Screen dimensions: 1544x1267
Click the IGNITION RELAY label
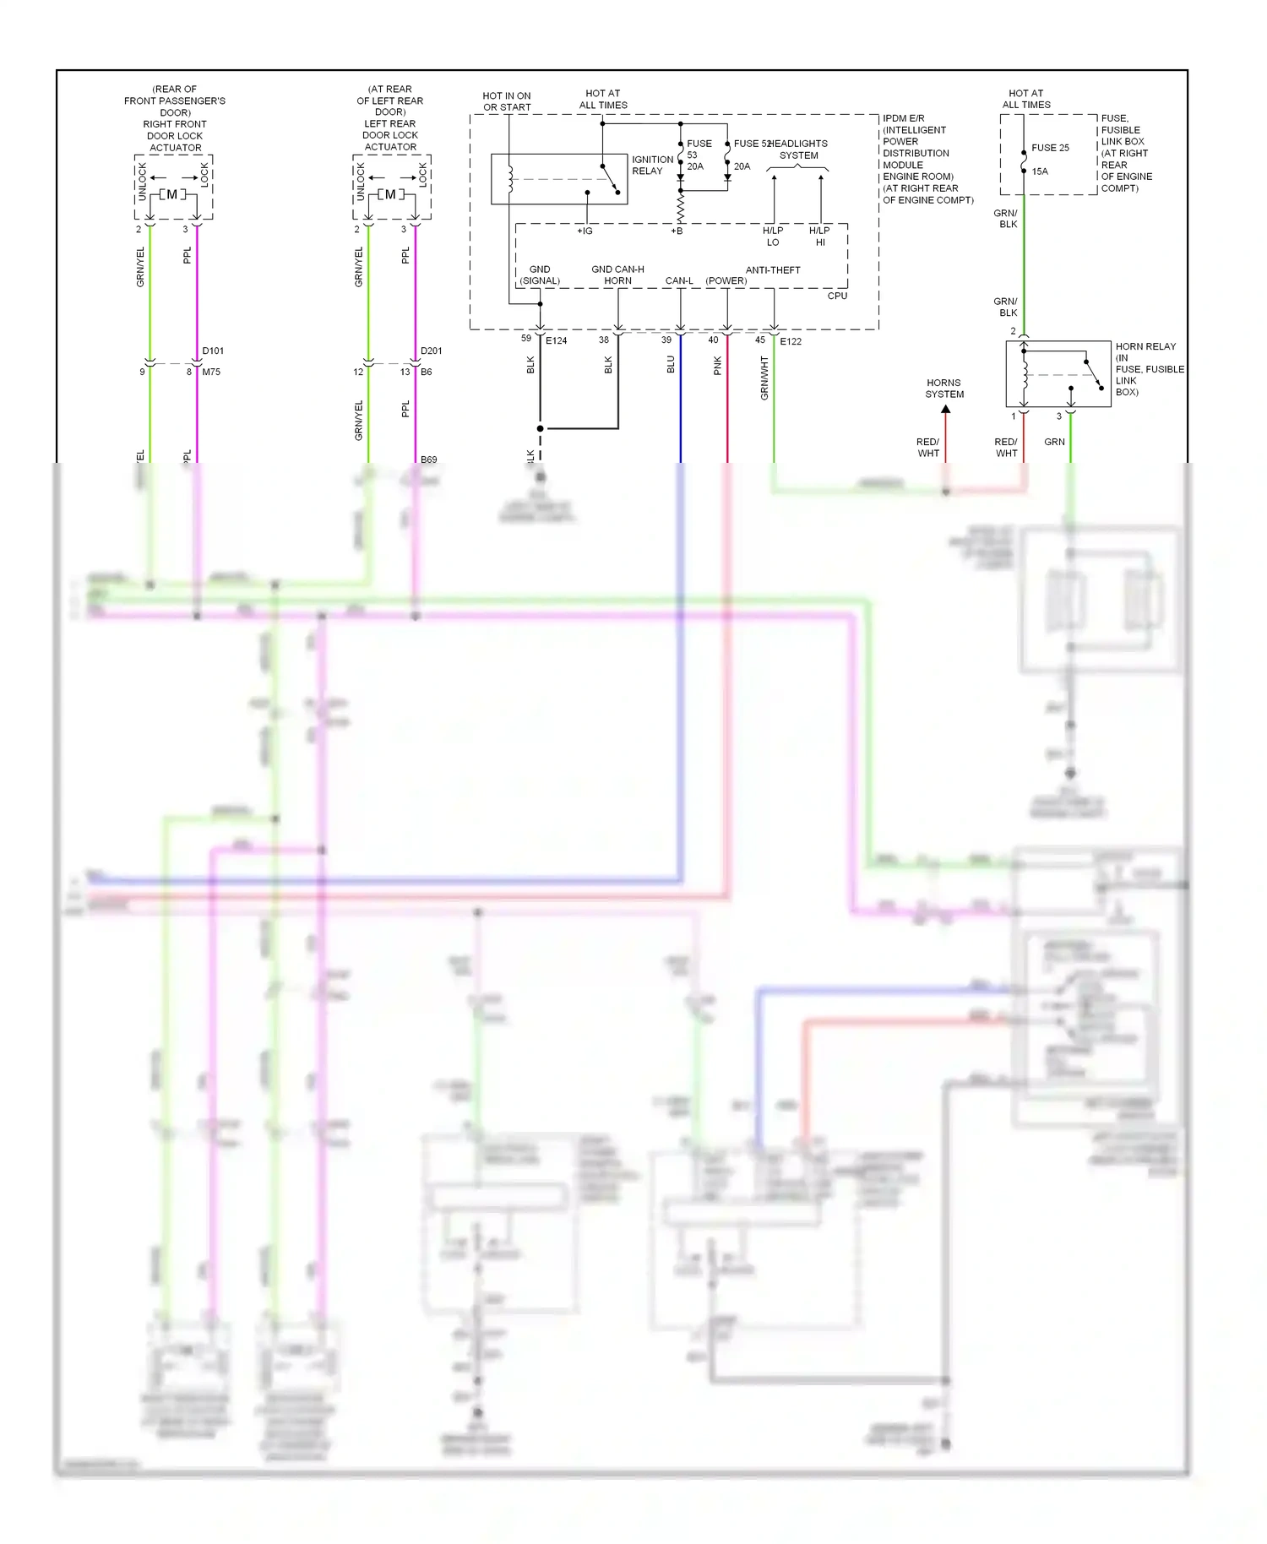[652, 165]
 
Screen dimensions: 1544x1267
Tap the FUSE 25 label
[1050, 148]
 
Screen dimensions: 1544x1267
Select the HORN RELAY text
[1145, 346]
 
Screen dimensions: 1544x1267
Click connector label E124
[556, 341]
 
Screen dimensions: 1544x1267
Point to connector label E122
[791, 341]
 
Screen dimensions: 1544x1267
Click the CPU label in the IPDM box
[836, 296]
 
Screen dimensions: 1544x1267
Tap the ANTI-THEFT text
[772, 270]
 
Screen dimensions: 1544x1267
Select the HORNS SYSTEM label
[943, 389]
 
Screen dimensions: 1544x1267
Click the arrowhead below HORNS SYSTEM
[946, 410]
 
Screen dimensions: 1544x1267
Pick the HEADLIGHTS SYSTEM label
[798, 150]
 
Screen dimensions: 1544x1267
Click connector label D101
[213, 351]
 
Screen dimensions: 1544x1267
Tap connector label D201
[431, 351]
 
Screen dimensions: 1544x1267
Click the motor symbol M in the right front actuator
[172, 195]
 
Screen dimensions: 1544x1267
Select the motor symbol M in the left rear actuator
[390, 195]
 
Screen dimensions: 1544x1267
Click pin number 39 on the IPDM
[666, 340]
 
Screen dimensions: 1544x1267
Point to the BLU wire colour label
[671, 364]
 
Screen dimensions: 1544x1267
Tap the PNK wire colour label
[717, 365]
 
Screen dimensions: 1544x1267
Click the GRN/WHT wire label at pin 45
[764, 378]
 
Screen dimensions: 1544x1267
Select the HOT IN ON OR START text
[507, 101]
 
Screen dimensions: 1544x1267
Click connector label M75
[211, 372]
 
